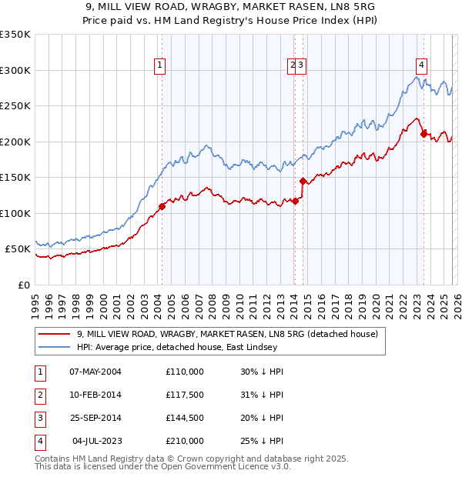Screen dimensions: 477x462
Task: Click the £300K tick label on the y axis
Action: pyautogui.click(x=16, y=70)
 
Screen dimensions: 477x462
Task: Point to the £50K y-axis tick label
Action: pyautogui.click(x=18, y=249)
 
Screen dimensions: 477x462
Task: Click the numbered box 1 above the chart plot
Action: pyautogui.click(x=159, y=66)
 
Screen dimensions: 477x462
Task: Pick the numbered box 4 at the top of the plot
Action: pyautogui.click(x=422, y=66)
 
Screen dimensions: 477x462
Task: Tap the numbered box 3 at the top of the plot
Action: pyautogui.click(x=302, y=66)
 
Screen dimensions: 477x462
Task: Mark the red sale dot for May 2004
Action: pyautogui.click(x=162, y=206)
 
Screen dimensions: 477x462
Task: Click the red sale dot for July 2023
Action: pyautogui.click(x=423, y=134)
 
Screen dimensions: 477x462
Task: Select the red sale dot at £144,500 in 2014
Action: pyautogui.click(x=303, y=182)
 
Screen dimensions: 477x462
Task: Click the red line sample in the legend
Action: pyautogui.click(x=55, y=335)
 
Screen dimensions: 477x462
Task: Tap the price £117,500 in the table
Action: pyautogui.click(x=185, y=395)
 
